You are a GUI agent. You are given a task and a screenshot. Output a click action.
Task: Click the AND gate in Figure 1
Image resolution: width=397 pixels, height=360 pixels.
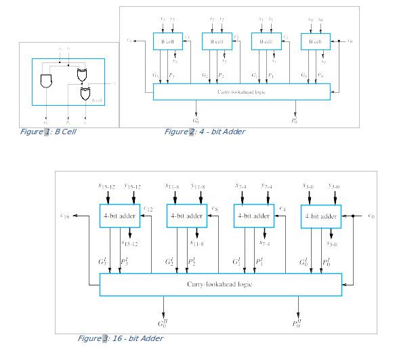pos(47,82)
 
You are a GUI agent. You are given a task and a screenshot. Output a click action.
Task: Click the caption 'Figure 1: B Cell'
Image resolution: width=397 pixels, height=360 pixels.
pos(48,132)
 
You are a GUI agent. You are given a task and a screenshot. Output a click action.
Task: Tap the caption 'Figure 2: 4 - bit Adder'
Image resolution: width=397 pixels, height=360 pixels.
pos(205,132)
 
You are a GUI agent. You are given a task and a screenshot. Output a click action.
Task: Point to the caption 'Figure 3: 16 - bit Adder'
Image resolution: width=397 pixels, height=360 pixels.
pos(120,338)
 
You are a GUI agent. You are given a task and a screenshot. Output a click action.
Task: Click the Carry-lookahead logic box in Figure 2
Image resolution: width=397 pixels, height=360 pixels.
pos(241,92)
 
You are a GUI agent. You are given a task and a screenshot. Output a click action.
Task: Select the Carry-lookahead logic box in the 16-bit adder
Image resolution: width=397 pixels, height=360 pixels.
pos(220,284)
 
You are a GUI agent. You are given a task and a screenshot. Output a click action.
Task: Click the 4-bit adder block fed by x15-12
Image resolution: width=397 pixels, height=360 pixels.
pos(119,216)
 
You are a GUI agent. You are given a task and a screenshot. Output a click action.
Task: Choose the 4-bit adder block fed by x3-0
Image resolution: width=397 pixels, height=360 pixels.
pos(320,216)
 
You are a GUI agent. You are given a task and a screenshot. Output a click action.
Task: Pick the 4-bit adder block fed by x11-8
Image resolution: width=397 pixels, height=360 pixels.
pos(186,216)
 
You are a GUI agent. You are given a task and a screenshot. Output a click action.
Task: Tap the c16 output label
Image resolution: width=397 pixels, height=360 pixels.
pos(65,216)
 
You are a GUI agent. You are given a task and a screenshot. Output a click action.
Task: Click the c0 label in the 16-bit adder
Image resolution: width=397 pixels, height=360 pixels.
pos(371,216)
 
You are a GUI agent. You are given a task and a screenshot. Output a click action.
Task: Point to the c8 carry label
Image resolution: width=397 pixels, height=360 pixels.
pos(214,208)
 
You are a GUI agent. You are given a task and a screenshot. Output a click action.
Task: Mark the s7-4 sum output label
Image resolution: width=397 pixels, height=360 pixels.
pos(264,243)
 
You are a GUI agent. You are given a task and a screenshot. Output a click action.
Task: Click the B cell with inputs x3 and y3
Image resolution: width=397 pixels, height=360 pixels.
pos(167,41)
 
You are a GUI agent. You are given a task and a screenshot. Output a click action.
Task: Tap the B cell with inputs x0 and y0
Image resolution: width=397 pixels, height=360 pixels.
pos(315,41)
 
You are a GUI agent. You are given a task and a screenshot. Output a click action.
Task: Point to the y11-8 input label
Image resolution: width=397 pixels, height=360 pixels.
pos(198,186)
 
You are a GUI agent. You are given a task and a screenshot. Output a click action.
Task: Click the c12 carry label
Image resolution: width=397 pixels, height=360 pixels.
pos(148,208)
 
